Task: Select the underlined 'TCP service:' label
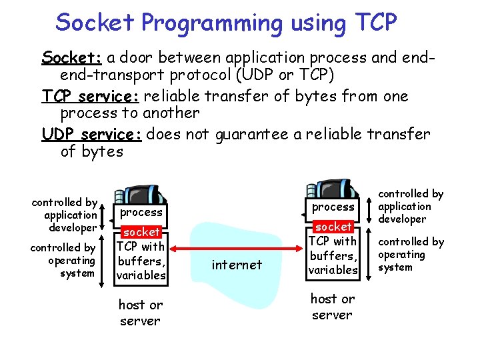click(x=90, y=96)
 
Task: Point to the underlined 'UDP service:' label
click(x=91, y=135)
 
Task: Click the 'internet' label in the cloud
click(x=236, y=265)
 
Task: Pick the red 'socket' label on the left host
click(x=141, y=232)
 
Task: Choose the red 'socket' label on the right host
click(x=333, y=227)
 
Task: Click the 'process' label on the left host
click(x=141, y=212)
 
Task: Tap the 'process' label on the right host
click(x=333, y=207)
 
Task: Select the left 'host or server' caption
click(x=140, y=313)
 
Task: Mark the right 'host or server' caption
click(x=333, y=306)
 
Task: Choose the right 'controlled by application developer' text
click(x=411, y=206)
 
